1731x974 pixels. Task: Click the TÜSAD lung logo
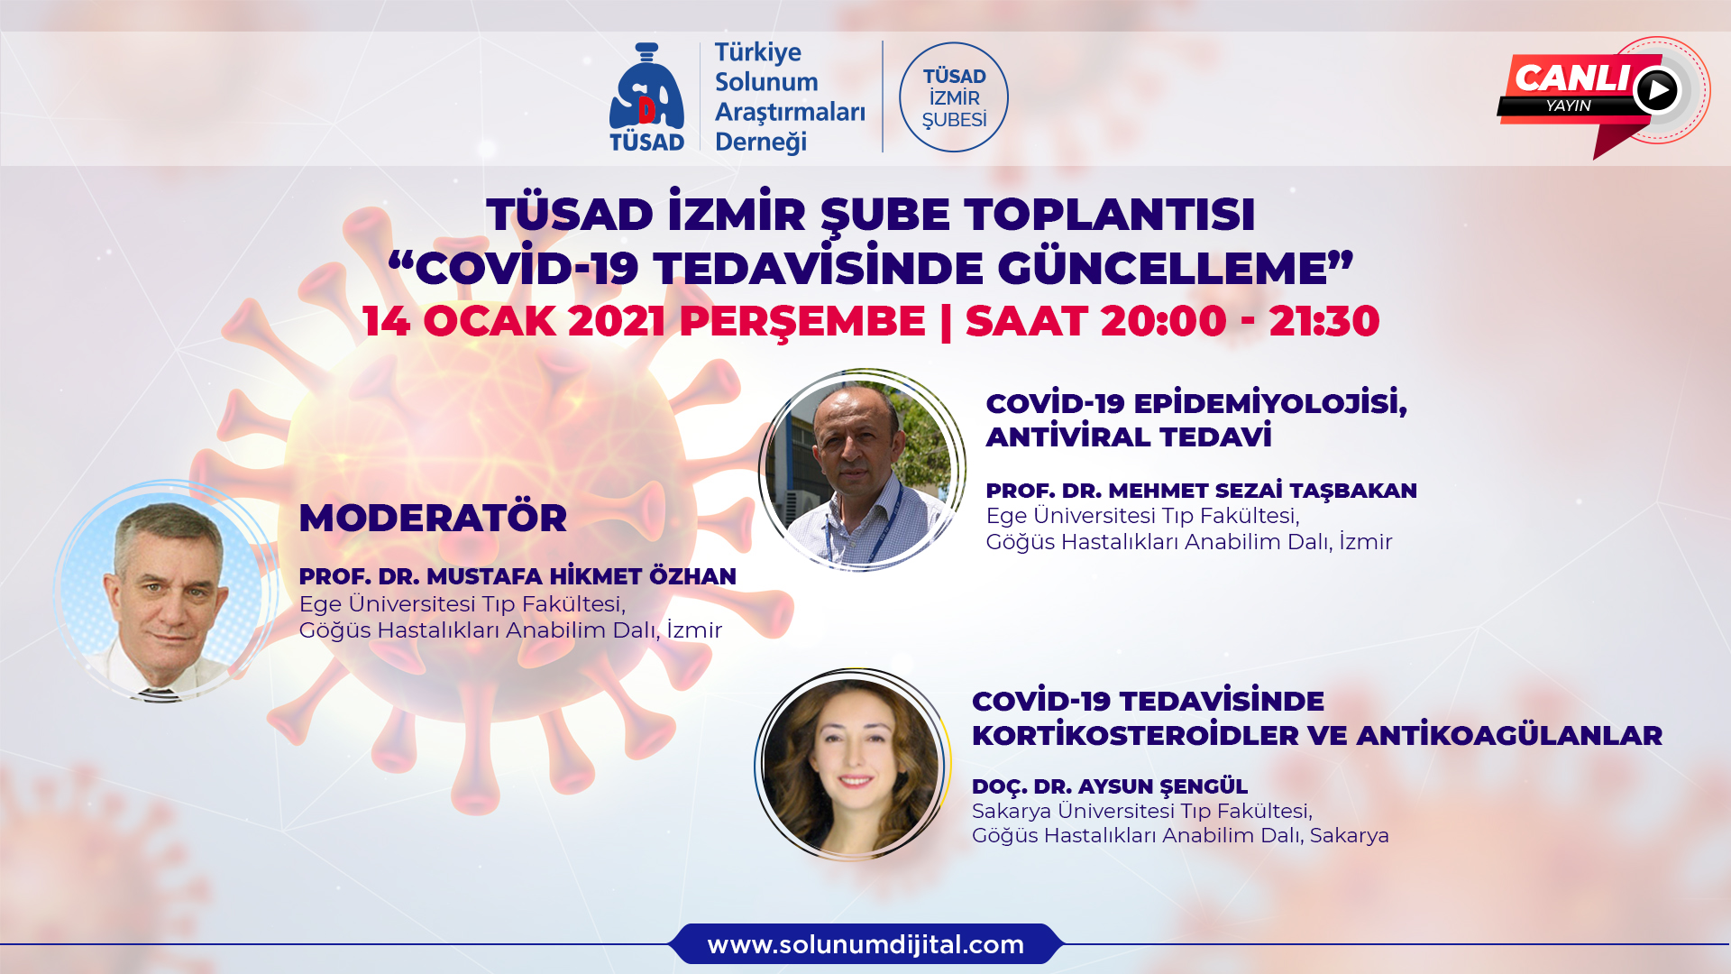pyautogui.click(x=646, y=97)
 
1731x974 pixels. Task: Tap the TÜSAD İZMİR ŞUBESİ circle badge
pyautogui.click(x=954, y=97)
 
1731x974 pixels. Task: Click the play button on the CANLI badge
pyautogui.click(x=1657, y=90)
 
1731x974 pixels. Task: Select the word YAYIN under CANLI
pyautogui.click(x=1568, y=106)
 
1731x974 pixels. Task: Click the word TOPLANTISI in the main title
pyautogui.click(x=1109, y=215)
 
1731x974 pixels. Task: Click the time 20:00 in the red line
pyautogui.click(x=1163, y=321)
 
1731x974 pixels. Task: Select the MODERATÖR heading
pyautogui.click(x=433, y=518)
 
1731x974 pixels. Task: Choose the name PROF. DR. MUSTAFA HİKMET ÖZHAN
pyautogui.click(x=517, y=576)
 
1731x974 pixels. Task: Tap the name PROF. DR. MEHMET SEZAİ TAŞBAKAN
pyautogui.click(x=1201, y=491)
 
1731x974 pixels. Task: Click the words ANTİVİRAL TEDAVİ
pyautogui.click(x=1129, y=436)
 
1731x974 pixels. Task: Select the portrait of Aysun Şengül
pyautogui.click(x=852, y=765)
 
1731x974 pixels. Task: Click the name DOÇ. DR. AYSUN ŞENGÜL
pyautogui.click(x=1110, y=786)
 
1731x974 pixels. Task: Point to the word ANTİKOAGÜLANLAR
pyautogui.click(x=1509, y=735)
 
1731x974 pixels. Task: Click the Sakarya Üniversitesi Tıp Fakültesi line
pyautogui.click(x=1142, y=811)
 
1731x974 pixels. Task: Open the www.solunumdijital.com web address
pyautogui.click(x=865, y=944)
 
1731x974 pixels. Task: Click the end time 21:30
pyautogui.click(x=1324, y=321)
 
